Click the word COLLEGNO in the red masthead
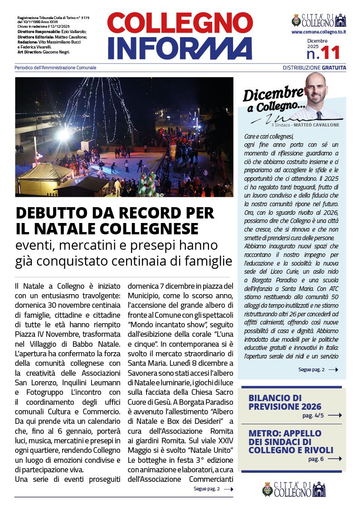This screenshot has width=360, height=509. click(x=180, y=24)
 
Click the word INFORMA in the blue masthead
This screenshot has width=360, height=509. click(x=180, y=48)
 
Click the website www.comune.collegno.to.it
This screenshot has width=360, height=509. click(x=319, y=32)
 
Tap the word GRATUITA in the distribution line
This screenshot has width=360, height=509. click(x=334, y=68)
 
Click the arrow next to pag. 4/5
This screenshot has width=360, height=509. click(x=335, y=415)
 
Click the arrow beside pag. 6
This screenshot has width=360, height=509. click(x=335, y=459)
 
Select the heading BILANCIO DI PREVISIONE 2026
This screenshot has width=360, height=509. click(x=285, y=402)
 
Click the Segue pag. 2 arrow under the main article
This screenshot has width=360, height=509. click(x=229, y=489)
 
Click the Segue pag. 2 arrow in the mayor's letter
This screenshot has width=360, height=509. click(x=333, y=370)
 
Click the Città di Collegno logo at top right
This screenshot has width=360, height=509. click(x=319, y=20)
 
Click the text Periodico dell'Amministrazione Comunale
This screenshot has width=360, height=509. click(x=55, y=68)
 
